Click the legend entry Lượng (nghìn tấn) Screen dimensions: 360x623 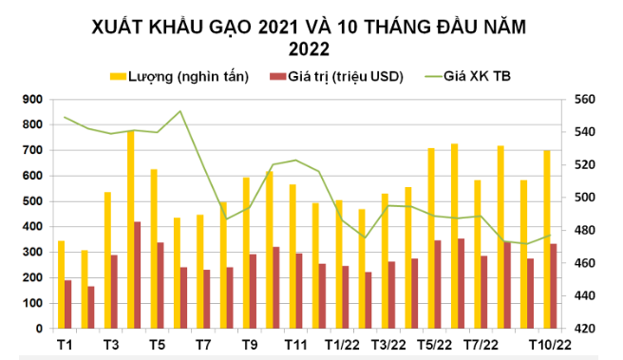click(180, 77)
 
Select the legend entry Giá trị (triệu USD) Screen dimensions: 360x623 click(338, 77)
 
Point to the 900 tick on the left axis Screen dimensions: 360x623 click(30, 99)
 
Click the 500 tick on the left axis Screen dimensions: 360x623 click(30, 201)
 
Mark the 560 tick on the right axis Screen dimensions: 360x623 click(583, 99)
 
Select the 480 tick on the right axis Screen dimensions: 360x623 click(583, 231)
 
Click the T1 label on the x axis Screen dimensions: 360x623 click(65, 344)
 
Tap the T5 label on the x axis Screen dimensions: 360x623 click(158, 344)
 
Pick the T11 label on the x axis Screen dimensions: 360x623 click(296, 344)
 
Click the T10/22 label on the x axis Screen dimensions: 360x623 click(550, 344)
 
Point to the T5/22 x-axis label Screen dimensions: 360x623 click(434, 344)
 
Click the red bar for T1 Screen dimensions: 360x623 click(68, 304)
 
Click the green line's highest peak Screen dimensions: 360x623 click(180, 111)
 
